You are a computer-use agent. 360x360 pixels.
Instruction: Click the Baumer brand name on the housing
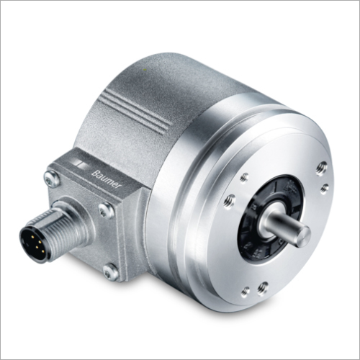point(106,179)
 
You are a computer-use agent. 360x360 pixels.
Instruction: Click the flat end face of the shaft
point(303,236)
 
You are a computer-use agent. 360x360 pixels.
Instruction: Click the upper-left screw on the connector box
point(52,179)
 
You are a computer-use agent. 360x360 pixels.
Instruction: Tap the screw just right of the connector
point(107,210)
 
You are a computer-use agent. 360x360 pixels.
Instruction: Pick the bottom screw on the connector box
point(111,272)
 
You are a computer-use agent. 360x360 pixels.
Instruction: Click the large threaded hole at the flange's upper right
point(321,168)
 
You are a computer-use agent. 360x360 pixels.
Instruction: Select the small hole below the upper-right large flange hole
point(324,188)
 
